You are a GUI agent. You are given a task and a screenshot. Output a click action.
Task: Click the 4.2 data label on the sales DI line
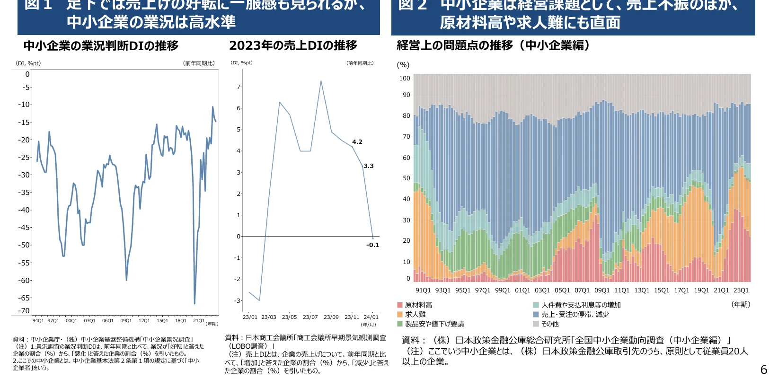pyautogui.click(x=357, y=141)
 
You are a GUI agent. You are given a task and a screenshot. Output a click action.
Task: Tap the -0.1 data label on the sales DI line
pyautogui.click(x=372, y=245)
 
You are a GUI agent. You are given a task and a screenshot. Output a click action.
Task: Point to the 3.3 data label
pyautogui.click(x=369, y=166)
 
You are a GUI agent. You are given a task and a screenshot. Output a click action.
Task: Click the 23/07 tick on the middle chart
pyautogui.click(x=310, y=317)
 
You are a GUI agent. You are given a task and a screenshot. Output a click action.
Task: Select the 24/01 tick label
pyautogui.click(x=371, y=317)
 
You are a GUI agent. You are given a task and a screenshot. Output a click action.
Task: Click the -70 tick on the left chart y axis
pyautogui.click(x=24, y=311)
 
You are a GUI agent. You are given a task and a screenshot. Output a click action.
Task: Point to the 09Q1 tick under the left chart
pyautogui.click(x=126, y=320)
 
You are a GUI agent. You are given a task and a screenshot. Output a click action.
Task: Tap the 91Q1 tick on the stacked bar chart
pyautogui.click(x=423, y=290)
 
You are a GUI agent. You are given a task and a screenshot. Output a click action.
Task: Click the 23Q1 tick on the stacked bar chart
pyautogui.click(x=741, y=290)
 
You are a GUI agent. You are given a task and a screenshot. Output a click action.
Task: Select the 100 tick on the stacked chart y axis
pyautogui.click(x=405, y=79)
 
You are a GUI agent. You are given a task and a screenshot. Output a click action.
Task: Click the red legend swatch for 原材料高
pyautogui.click(x=400, y=305)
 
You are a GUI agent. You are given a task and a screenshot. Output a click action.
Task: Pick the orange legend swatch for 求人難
pyautogui.click(x=400, y=315)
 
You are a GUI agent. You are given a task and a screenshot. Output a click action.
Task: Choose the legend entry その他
pyautogui.click(x=550, y=324)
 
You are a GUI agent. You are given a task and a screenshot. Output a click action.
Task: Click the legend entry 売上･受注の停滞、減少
pyautogui.click(x=575, y=315)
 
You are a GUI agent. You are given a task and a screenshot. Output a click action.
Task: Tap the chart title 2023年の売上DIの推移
pyautogui.click(x=293, y=45)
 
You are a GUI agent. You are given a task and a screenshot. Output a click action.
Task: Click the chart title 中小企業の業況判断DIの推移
pyautogui.click(x=101, y=46)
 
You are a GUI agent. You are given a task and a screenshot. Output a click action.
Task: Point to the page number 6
pyautogui.click(x=763, y=370)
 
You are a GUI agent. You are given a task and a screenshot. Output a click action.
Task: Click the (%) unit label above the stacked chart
pyautogui.click(x=403, y=65)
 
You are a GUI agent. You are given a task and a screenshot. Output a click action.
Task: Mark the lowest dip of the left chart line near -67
pyautogui.click(x=194, y=303)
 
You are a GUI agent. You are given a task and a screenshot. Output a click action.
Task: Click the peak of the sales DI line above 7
pyautogui.click(x=321, y=81)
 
